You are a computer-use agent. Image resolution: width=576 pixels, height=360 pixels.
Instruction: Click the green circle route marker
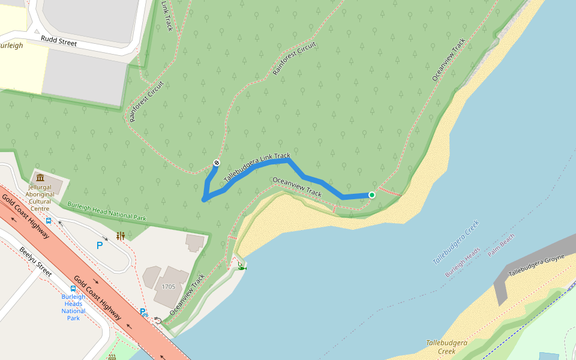(x=372, y=195)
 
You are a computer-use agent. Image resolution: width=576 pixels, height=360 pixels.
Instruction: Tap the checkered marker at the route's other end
(x=217, y=163)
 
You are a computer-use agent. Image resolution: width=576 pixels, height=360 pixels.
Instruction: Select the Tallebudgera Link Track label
(x=256, y=168)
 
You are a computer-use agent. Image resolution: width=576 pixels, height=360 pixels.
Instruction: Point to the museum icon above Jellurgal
(x=40, y=178)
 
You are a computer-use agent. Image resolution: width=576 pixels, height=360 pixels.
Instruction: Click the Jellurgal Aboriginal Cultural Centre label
(x=41, y=197)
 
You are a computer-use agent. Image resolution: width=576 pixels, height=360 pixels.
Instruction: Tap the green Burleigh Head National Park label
(x=107, y=210)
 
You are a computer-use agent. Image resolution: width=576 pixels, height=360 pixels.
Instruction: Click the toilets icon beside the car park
(x=121, y=236)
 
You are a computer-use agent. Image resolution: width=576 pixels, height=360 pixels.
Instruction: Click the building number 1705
(x=168, y=287)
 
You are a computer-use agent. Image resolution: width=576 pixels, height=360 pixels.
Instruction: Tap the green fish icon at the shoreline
(x=242, y=268)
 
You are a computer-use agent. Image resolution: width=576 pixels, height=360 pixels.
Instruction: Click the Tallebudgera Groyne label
(x=537, y=265)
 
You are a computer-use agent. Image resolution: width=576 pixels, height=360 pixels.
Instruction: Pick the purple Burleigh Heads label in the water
(x=462, y=262)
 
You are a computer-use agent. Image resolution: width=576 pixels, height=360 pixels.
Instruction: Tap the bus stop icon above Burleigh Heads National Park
(x=73, y=288)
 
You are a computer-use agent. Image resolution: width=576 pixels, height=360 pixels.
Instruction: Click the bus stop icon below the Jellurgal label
(x=49, y=220)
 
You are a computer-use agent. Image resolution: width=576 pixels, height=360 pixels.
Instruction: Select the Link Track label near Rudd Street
(x=167, y=16)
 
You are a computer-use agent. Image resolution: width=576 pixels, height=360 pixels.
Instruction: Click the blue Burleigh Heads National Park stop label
(x=73, y=307)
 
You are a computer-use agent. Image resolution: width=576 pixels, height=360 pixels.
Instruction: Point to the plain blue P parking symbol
(x=100, y=245)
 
